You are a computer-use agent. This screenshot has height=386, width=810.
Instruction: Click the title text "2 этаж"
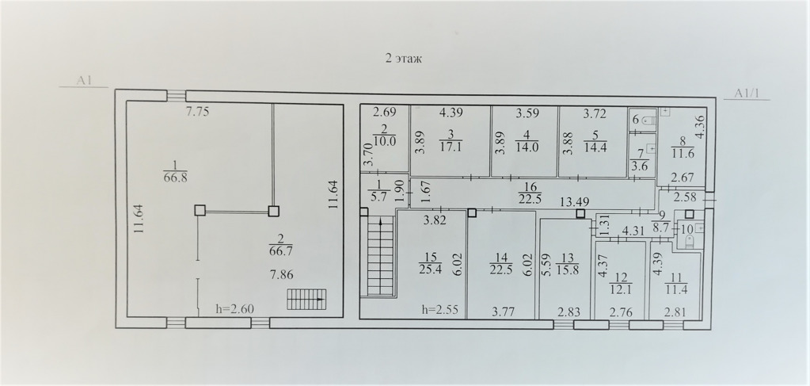click(404, 59)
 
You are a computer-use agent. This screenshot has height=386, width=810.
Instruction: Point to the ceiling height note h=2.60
click(234, 309)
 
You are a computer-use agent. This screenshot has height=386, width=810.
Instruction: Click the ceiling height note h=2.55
click(441, 310)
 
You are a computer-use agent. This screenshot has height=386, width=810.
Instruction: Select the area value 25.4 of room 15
click(431, 269)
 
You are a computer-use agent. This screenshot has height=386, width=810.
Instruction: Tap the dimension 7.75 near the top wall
click(197, 112)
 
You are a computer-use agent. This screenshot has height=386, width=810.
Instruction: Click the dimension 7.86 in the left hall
click(282, 274)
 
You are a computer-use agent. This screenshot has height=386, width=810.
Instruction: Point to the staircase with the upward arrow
click(381, 257)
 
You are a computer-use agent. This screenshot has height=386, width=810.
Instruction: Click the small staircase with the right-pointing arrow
click(306, 300)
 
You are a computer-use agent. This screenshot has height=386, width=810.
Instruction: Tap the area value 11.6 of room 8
click(683, 154)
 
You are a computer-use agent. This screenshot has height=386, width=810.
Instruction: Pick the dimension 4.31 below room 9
click(633, 231)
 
